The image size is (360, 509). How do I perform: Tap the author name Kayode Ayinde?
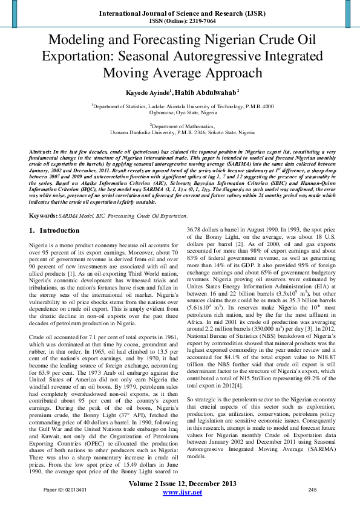point(145,92)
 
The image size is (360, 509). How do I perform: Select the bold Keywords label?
point(46,215)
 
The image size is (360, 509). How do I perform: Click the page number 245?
point(312,490)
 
